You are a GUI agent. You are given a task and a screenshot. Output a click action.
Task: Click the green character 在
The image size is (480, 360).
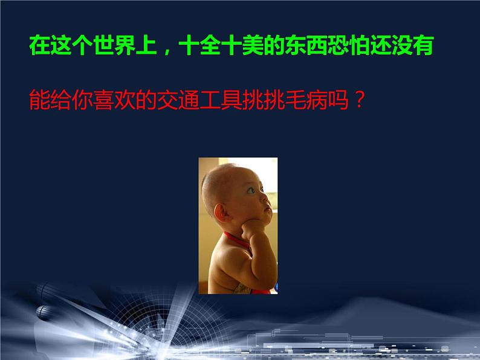tap(40, 45)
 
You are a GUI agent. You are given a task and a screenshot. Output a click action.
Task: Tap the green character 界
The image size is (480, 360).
tap(125, 45)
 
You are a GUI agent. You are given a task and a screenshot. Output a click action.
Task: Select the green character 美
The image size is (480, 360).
tap(253, 45)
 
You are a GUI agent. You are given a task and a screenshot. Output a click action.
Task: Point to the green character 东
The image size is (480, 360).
tap(296, 45)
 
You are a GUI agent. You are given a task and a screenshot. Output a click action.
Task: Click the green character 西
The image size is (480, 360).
tap(317, 45)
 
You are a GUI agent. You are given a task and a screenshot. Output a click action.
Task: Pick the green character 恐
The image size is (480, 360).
tap(338, 45)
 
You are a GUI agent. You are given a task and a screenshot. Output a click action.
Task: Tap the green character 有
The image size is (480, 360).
tap(423, 45)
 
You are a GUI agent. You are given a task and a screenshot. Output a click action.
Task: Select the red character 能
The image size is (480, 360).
tap(40, 100)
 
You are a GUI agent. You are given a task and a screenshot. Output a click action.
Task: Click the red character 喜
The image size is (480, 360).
tap(104, 100)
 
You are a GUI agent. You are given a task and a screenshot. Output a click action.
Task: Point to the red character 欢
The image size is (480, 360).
tap(125, 100)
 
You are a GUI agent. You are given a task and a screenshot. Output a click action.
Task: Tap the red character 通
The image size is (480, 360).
tap(189, 100)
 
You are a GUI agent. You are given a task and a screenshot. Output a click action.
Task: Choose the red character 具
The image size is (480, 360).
tap(232, 100)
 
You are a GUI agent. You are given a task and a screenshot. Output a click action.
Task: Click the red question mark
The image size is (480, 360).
tap(359, 100)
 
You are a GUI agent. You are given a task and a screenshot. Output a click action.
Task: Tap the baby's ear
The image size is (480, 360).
tap(221, 213)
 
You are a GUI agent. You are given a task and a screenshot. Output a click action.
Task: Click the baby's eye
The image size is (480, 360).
tap(251, 190)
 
